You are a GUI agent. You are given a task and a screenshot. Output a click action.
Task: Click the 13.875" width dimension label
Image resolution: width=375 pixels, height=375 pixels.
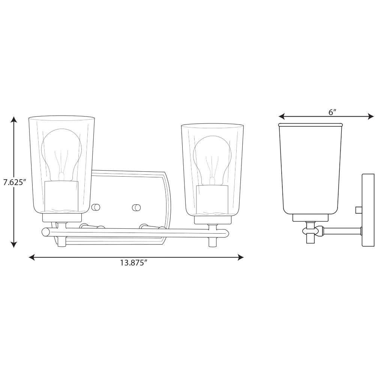(133, 263)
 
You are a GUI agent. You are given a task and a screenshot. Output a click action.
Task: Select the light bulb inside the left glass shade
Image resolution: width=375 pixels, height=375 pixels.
(61, 156)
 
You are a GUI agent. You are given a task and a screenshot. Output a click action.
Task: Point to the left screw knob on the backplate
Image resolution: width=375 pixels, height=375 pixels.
(96, 207)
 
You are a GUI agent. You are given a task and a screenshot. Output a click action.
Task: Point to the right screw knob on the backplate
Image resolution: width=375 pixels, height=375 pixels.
(136, 207)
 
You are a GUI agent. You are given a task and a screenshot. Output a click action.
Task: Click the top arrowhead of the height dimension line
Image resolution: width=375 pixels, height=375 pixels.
(14, 120)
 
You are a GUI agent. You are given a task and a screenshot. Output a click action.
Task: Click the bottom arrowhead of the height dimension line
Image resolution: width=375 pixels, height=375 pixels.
(14, 244)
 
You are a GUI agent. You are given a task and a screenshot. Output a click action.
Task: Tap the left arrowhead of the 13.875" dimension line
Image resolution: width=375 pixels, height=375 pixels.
(32, 257)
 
